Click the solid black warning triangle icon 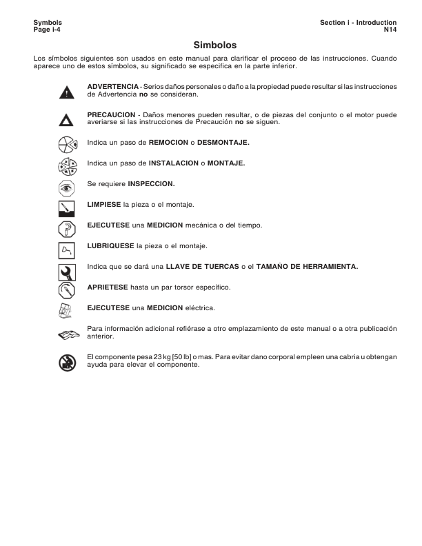(x=66, y=91)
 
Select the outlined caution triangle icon (x=66, y=120)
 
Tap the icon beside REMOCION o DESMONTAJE (x=66, y=144)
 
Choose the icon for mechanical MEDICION (x=66, y=227)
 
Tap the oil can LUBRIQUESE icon (x=66, y=247)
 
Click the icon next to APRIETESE (x=66, y=288)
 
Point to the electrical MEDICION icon (x=66, y=309)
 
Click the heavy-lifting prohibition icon (x=66, y=361)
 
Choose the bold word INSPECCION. (x=151, y=184)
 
